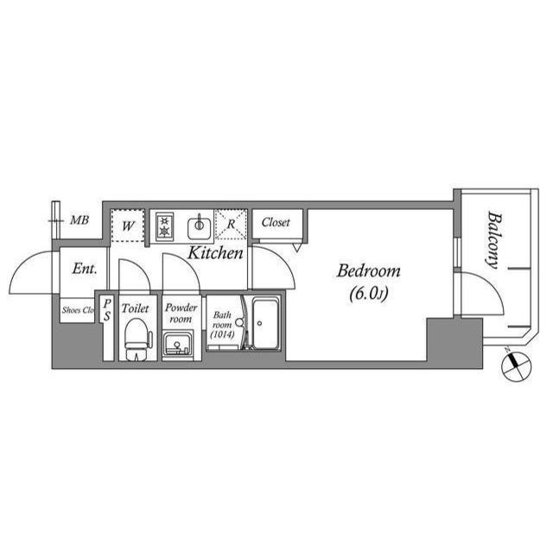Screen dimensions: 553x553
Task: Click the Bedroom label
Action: pyautogui.click(x=369, y=270)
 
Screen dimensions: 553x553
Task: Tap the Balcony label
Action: pyautogui.click(x=493, y=240)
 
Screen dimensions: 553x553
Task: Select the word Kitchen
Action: pyautogui.click(x=215, y=253)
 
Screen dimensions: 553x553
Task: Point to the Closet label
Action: pyautogui.click(x=276, y=222)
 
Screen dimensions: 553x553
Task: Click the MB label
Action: pyautogui.click(x=79, y=220)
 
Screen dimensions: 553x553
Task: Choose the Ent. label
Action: pyautogui.click(x=85, y=269)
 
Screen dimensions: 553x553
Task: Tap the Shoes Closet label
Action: pyautogui.click(x=78, y=310)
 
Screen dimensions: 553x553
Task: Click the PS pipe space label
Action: pyautogui.click(x=107, y=310)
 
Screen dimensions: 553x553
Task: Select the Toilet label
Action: pyautogui.click(x=135, y=308)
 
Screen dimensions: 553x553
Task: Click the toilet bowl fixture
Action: pyautogui.click(x=138, y=340)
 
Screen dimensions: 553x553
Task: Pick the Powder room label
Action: pyautogui.click(x=181, y=313)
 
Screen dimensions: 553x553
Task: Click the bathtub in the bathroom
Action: pyautogui.click(x=265, y=323)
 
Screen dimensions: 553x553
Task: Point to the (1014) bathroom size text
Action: pyautogui.click(x=222, y=334)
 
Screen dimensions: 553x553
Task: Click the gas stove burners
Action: pyautogui.click(x=164, y=226)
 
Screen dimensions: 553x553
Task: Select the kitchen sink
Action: pyautogui.click(x=200, y=227)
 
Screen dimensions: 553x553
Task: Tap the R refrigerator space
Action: pyautogui.click(x=231, y=225)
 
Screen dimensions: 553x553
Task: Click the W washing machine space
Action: pyautogui.click(x=127, y=226)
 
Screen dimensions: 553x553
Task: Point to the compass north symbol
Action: pyautogui.click(x=516, y=365)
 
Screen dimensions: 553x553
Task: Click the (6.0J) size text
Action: pyautogui.click(x=369, y=294)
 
